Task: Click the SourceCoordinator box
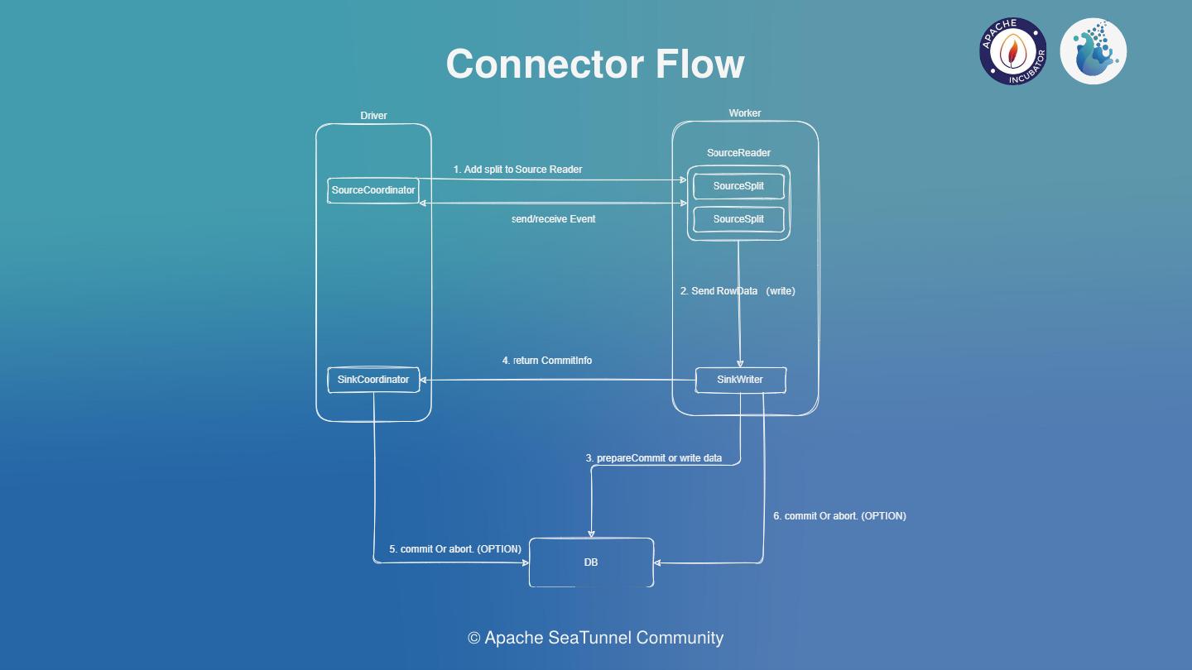[x=373, y=190]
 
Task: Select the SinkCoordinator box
[x=373, y=380]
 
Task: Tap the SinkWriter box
[x=740, y=380]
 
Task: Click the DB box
[x=591, y=562]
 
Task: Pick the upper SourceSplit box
[x=738, y=186]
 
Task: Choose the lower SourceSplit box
[x=738, y=219]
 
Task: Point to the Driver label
[x=373, y=116]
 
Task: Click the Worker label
[x=745, y=113]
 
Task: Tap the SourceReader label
[x=738, y=153]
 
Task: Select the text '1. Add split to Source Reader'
[x=517, y=170]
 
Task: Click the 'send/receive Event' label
[x=553, y=219]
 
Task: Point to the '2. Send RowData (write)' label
[x=738, y=291]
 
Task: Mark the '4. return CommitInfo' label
[x=547, y=361]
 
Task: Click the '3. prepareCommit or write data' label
[x=654, y=458]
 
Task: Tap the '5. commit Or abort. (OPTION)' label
[x=455, y=549]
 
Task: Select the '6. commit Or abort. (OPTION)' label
[x=839, y=516]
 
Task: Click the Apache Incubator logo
[x=1013, y=51]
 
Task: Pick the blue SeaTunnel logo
[x=1093, y=51]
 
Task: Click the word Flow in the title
[x=700, y=64]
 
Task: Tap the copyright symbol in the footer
[x=474, y=639]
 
